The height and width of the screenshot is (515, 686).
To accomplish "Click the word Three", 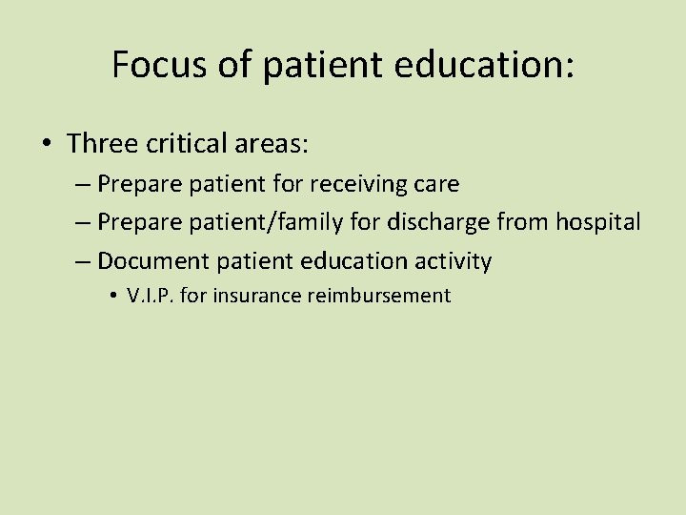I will tap(106, 143).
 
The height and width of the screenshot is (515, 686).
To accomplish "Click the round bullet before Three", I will tap(47, 144).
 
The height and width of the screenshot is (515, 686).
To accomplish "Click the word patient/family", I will tap(253, 222).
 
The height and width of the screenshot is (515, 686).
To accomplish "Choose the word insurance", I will tap(255, 296).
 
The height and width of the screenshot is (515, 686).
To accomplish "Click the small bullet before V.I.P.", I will tap(113, 297).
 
